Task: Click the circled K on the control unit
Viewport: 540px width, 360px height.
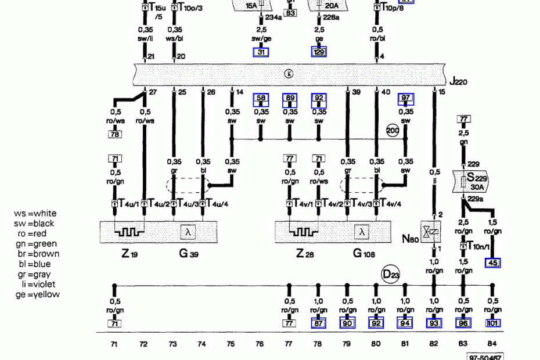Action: [289, 74]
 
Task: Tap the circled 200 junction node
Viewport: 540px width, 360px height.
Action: [393, 130]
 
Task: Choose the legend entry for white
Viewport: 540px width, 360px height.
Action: [36, 214]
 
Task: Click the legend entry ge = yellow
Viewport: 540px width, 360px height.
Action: [38, 294]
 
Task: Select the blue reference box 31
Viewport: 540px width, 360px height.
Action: [261, 52]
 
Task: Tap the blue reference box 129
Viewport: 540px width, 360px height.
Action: [319, 52]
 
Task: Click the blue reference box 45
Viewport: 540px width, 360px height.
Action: [493, 263]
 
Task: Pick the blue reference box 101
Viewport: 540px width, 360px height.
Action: [493, 323]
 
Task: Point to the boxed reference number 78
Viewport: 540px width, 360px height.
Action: [114, 135]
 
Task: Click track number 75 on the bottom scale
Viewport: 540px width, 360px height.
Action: [231, 344]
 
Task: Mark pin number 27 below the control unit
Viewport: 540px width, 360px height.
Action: [153, 92]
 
